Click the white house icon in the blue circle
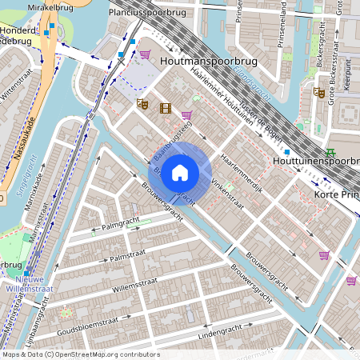(x=180, y=173)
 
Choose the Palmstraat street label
(x=130, y=258)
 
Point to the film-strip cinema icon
(x=165, y=108)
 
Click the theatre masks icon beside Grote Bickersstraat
(x=318, y=93)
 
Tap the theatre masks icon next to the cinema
(x=143, y=103)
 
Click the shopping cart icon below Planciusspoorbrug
(x=145, y=54)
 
